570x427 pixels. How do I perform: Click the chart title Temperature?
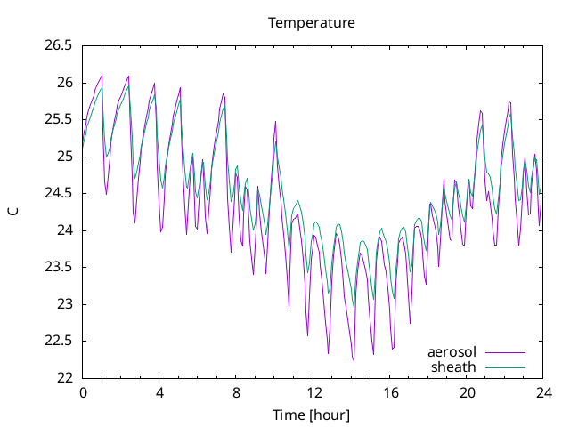(312, 23)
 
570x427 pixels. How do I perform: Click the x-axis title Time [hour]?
(311, 415)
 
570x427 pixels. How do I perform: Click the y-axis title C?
(13, 212)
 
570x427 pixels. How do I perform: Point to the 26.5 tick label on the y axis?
(59, 45)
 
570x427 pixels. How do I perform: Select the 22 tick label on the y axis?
(65, 378)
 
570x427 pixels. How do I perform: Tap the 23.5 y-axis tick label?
(59, 267)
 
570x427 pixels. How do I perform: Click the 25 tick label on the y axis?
(65, 157)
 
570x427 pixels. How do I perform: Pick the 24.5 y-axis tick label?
(59, 194)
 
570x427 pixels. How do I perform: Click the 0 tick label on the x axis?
(83, 393)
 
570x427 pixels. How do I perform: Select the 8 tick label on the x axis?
(236, 393)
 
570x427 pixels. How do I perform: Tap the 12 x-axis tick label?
(313, 393)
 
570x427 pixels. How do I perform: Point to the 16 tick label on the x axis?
(390, 393)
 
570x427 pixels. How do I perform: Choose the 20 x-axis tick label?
(467, 393)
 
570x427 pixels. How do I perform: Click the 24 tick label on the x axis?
(544, 393)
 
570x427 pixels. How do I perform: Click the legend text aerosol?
(452, 352)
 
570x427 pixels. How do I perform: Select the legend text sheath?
(453, 367)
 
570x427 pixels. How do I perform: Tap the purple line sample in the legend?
(506, 352)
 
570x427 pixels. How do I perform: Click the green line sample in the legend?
(506, 367)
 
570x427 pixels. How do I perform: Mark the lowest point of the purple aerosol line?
(354, 362)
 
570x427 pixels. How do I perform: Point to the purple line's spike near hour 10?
(275, 122)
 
